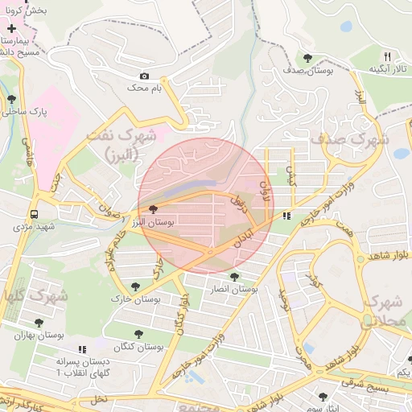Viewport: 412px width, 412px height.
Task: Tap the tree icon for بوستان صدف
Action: (x=308, y=57)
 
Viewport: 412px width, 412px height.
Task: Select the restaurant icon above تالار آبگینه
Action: (x=387, y=56)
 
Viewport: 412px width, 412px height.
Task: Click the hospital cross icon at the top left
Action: (x=11, y=29)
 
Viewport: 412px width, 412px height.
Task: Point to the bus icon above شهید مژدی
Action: (x=34, y=214)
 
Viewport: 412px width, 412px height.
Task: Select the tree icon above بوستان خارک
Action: (x=134, y=286)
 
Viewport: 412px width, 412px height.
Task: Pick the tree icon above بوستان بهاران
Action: (x=39, y=322)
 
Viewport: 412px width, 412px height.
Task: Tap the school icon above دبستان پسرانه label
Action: (x=81, y=350)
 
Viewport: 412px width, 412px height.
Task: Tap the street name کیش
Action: (x=291, y=170)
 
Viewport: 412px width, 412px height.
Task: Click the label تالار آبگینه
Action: (x=387, y=70)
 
